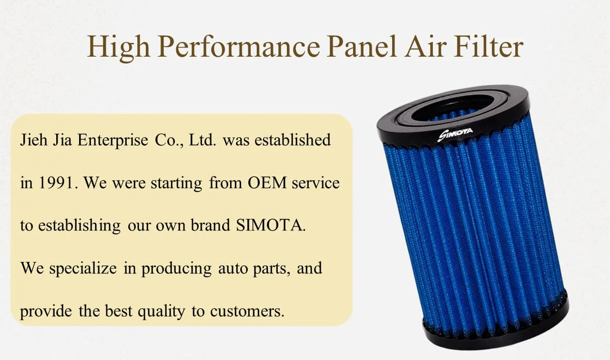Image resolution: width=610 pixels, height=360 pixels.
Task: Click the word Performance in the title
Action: click(238, 47)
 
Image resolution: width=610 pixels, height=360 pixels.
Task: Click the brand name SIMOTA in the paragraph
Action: click(270, 225)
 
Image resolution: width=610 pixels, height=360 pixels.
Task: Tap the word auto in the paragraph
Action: click(234, 268)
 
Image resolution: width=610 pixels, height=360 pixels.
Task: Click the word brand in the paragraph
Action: click(211, 225)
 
